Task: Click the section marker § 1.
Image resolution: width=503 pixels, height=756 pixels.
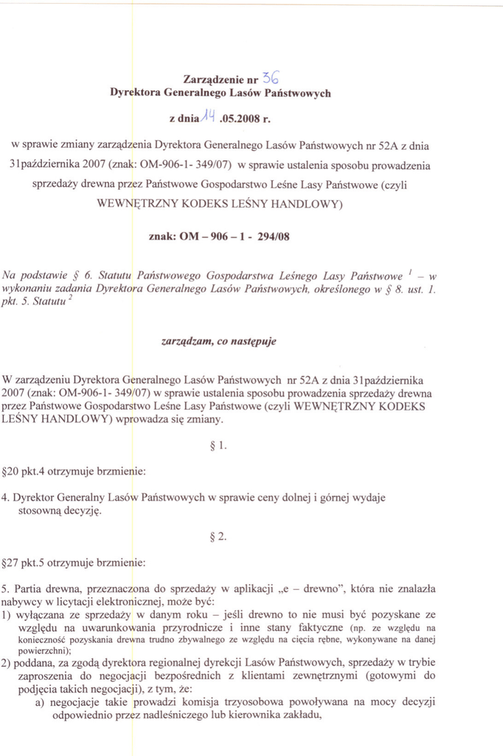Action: pos(218,445)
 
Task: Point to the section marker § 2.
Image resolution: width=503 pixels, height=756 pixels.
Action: pos(218,537)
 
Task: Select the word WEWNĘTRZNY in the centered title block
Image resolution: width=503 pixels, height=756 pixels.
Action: pos(140,202)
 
